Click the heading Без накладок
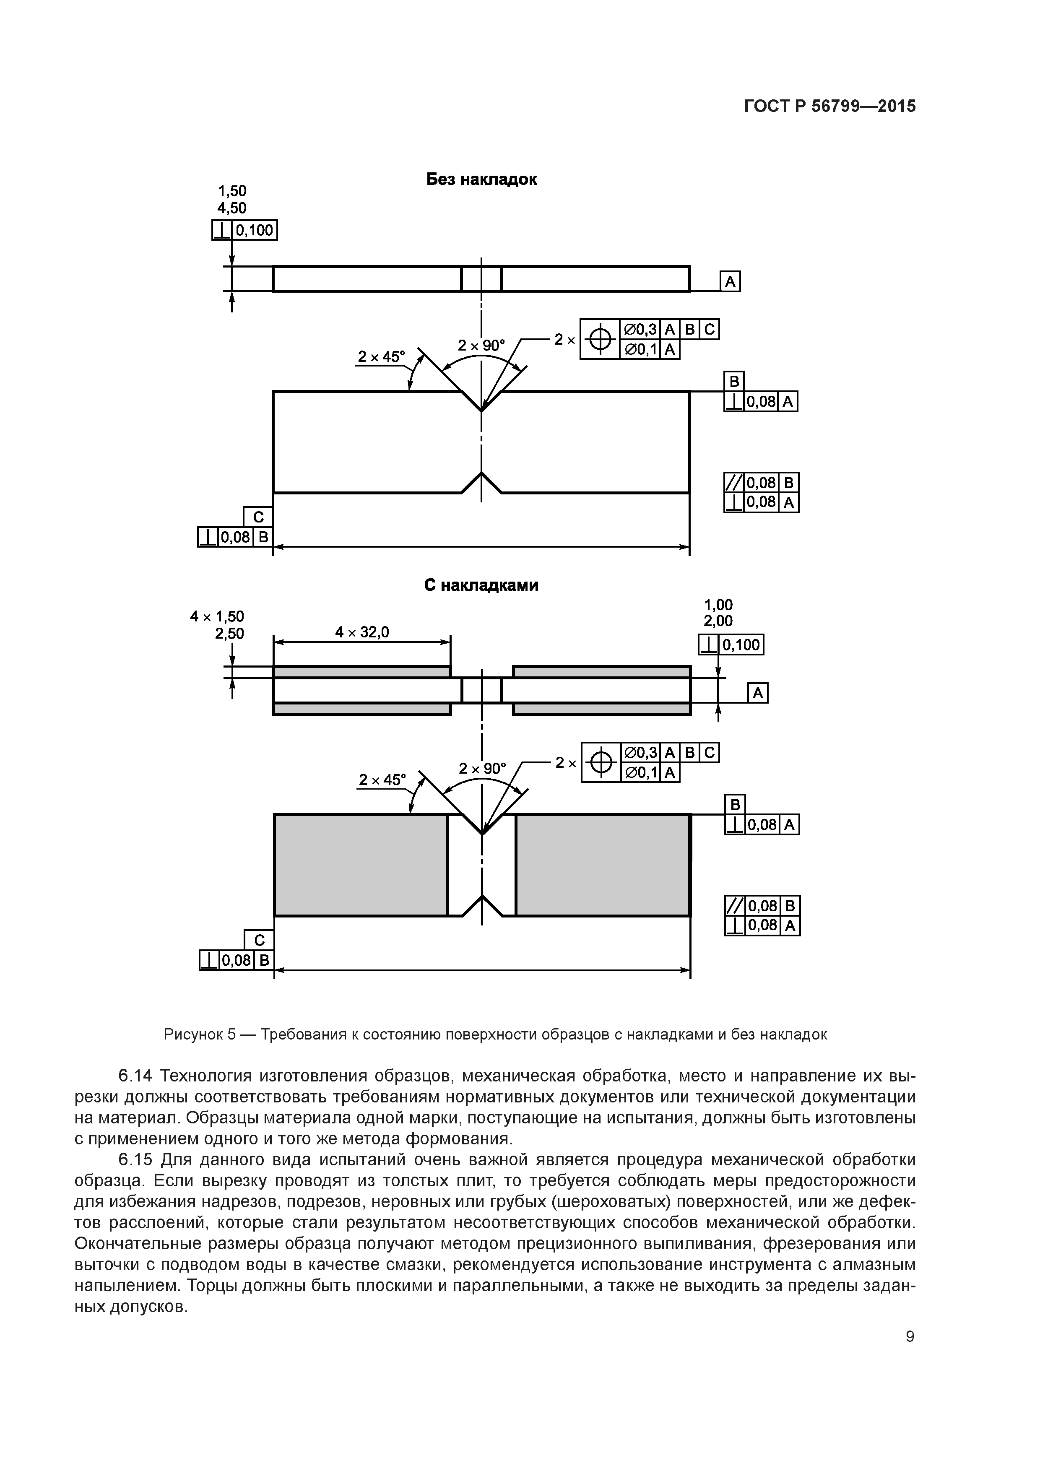click(x=481, y=179)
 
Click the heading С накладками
click(x=481, y=585)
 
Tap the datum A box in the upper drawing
click(x=730, y=282)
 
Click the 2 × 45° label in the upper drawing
click(x=381, y=356)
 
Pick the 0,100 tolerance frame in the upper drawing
click(x=244, y=230)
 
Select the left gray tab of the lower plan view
click(x=361, y=865)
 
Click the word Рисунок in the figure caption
click(x=191, y=1034)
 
